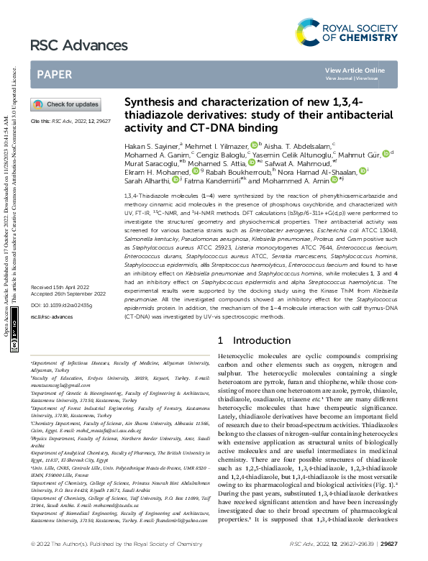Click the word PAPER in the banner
coord(55,74)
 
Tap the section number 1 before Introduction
coord(220,340)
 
